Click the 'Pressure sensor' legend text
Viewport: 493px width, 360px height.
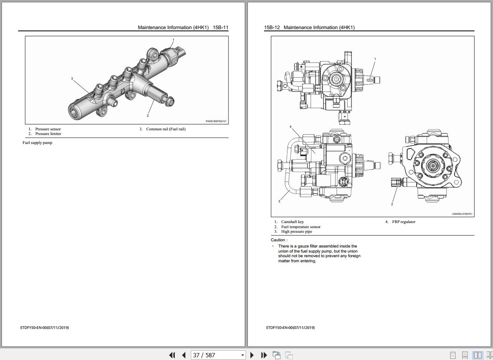coord(48,129)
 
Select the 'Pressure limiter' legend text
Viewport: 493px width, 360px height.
coord(48,134)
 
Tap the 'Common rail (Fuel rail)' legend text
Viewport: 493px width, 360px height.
coord(166,129)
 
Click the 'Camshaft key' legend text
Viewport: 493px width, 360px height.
coord(292,222)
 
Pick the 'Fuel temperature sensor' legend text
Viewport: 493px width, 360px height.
coord(301,227)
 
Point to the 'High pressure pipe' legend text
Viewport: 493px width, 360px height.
coord(296,232)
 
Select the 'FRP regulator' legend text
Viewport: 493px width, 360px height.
coord(404,222)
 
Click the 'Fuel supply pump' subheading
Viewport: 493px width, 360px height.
coord(37,143)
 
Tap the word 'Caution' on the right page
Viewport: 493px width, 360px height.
coord(278,240)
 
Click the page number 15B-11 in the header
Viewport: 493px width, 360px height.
coord(220,28)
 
